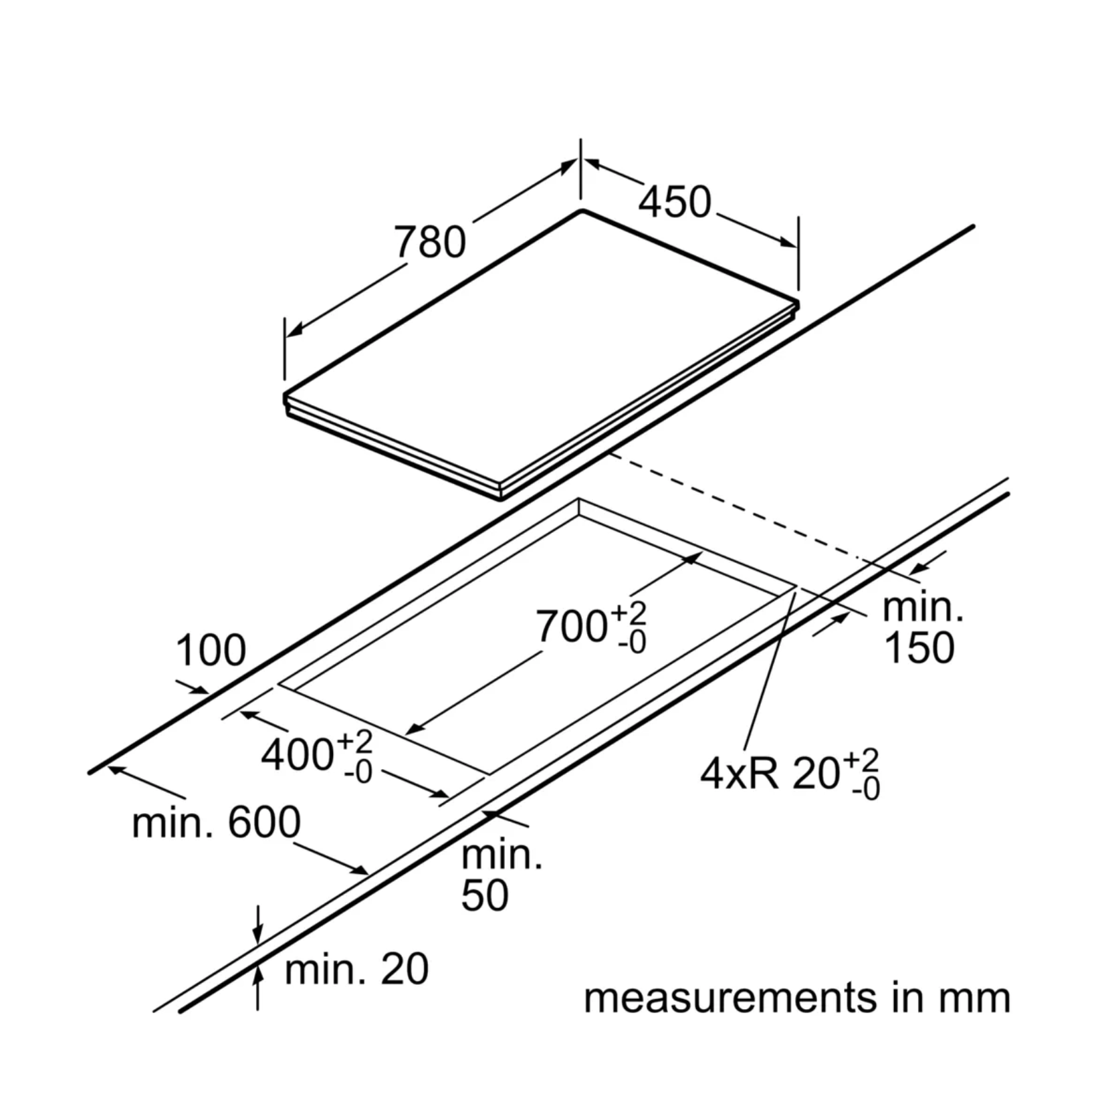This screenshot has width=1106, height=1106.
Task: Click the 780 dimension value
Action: tap(430, 242)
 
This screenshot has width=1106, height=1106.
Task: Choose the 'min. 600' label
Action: tap(216, 822)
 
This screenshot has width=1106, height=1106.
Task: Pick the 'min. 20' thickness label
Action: tap(356, 969)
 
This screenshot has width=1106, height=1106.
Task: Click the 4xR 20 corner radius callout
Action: tap(789, 774)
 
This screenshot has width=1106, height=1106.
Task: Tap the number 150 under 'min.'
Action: tap(919, 648)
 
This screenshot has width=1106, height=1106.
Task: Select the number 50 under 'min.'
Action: tap(484, 895)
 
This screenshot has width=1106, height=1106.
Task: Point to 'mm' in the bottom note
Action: tap(974, 998)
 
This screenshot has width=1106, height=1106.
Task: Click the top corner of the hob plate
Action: tap(582, 211)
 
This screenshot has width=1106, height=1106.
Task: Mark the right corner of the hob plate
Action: tap(797, 304)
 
